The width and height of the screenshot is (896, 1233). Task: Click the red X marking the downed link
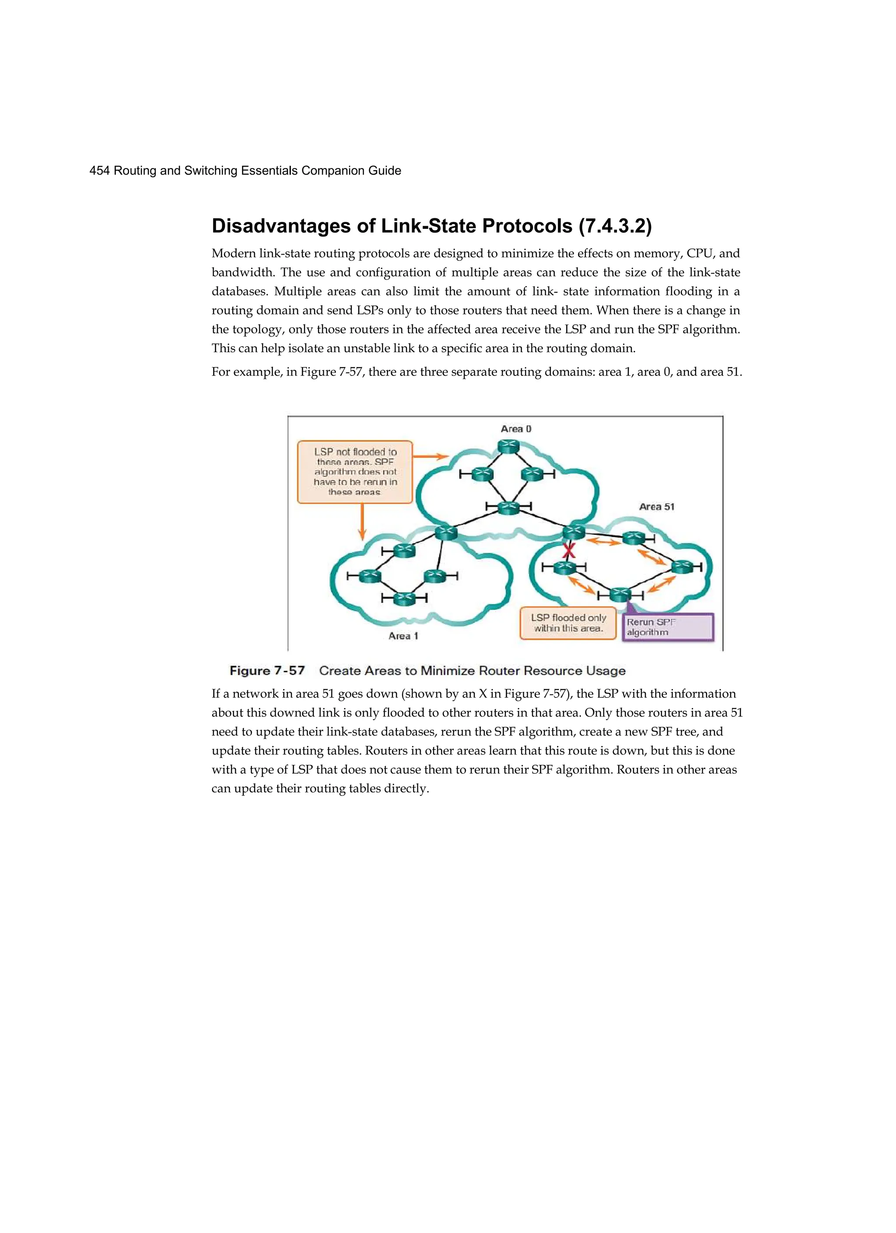(x=569, y=551)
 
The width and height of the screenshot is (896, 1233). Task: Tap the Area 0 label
(x=516, y=429)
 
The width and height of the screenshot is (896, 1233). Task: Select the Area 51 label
(x=656, y=507)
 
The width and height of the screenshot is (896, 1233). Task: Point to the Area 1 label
(x=403, y=635)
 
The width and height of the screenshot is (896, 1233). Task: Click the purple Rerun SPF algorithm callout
(x=667, y=627)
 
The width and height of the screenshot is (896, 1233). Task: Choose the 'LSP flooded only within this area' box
(x=568, y=623)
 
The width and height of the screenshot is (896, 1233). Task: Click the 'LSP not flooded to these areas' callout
(x=355, y=471)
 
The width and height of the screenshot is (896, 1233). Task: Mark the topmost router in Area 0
(x=508, y=447)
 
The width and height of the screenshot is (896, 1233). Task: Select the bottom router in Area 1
(x=404, y=599)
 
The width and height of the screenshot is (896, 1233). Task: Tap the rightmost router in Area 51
(x=682, y=567)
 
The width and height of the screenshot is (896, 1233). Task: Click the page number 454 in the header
(x=99, y=171)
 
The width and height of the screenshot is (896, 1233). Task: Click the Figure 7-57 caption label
(x=267, y=670)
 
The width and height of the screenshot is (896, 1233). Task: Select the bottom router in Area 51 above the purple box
(x=620, y=594)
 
